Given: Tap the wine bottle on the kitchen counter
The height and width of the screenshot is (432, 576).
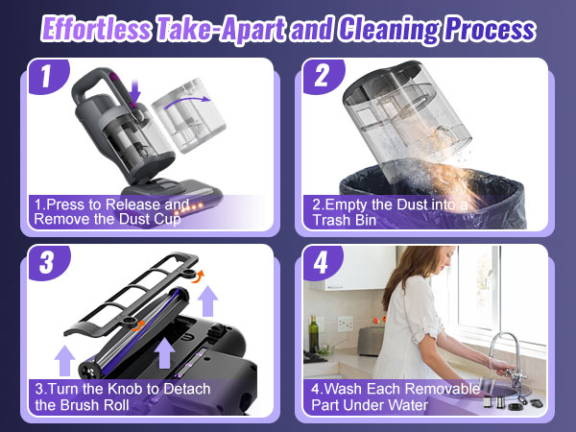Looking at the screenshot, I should tap(314, 336).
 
